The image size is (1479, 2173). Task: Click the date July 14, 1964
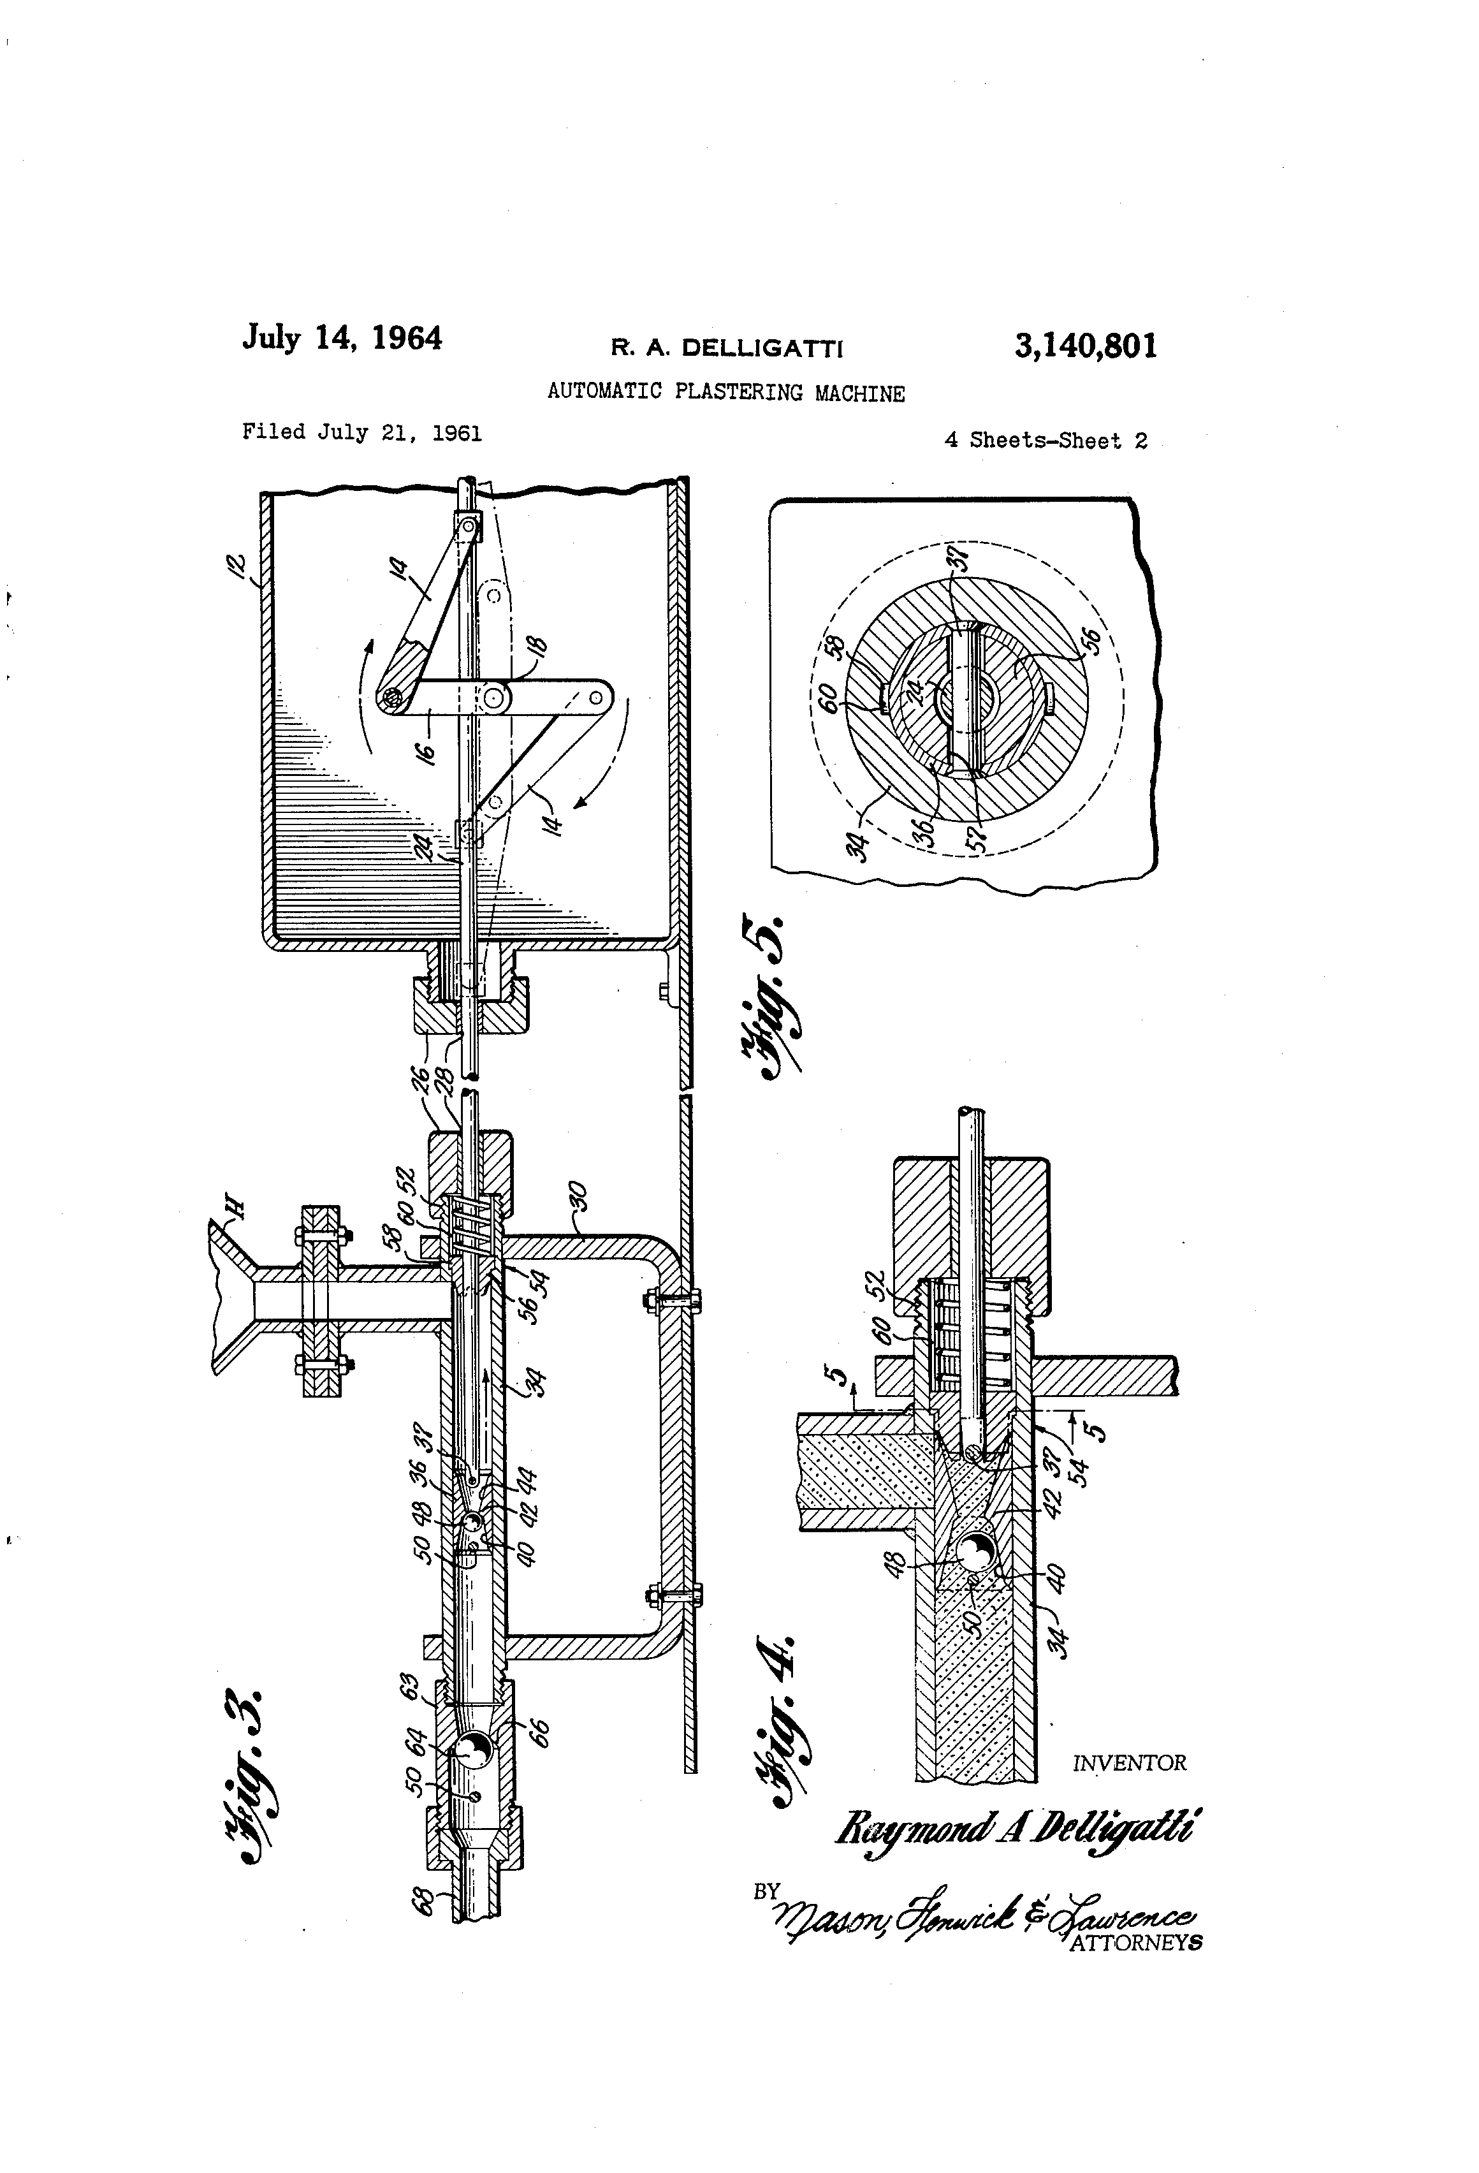pos(342,337)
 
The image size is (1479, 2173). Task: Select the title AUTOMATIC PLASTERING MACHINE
pos(725,393)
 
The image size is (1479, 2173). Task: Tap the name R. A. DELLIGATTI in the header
pos(726,349)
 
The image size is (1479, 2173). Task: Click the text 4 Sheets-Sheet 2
pos(1045,441)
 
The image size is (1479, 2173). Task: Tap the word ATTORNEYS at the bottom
pos(1135,1943)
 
